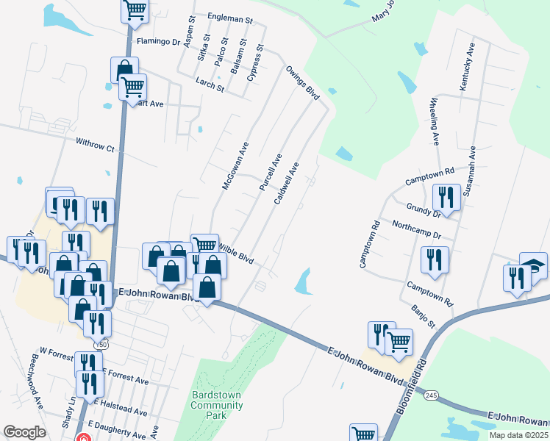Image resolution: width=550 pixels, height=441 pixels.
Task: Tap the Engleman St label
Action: pos(230,15)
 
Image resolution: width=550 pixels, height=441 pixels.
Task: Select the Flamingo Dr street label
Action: pos(157,42)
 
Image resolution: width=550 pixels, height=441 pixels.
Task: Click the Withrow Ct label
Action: pos(95,145)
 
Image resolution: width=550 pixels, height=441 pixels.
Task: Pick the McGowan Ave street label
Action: pos(236,165)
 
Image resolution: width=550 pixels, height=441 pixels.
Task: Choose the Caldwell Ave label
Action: pos(286,184)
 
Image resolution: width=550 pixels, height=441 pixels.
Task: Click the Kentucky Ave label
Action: pos(467,66)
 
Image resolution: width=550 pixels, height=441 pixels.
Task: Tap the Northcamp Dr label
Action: pos(416,230)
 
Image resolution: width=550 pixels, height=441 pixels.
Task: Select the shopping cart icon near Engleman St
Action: pos(135,9)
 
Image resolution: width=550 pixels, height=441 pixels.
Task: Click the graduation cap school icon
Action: pos(533,265)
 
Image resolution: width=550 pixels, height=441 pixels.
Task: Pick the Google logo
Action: pos(25,432)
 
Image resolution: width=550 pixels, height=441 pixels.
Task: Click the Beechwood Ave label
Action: pos(33,384)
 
